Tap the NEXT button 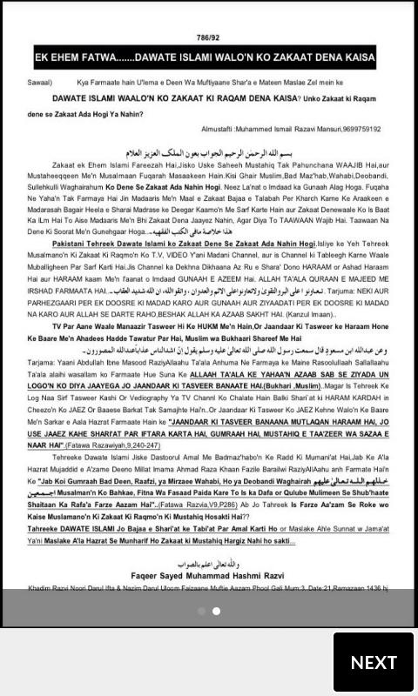(x=374, y=662)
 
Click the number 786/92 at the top (x=209, y=38)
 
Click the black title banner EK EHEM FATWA (x=209, y=58)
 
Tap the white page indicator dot (x=216, y=611)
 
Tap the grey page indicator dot (x=201, y=611)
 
